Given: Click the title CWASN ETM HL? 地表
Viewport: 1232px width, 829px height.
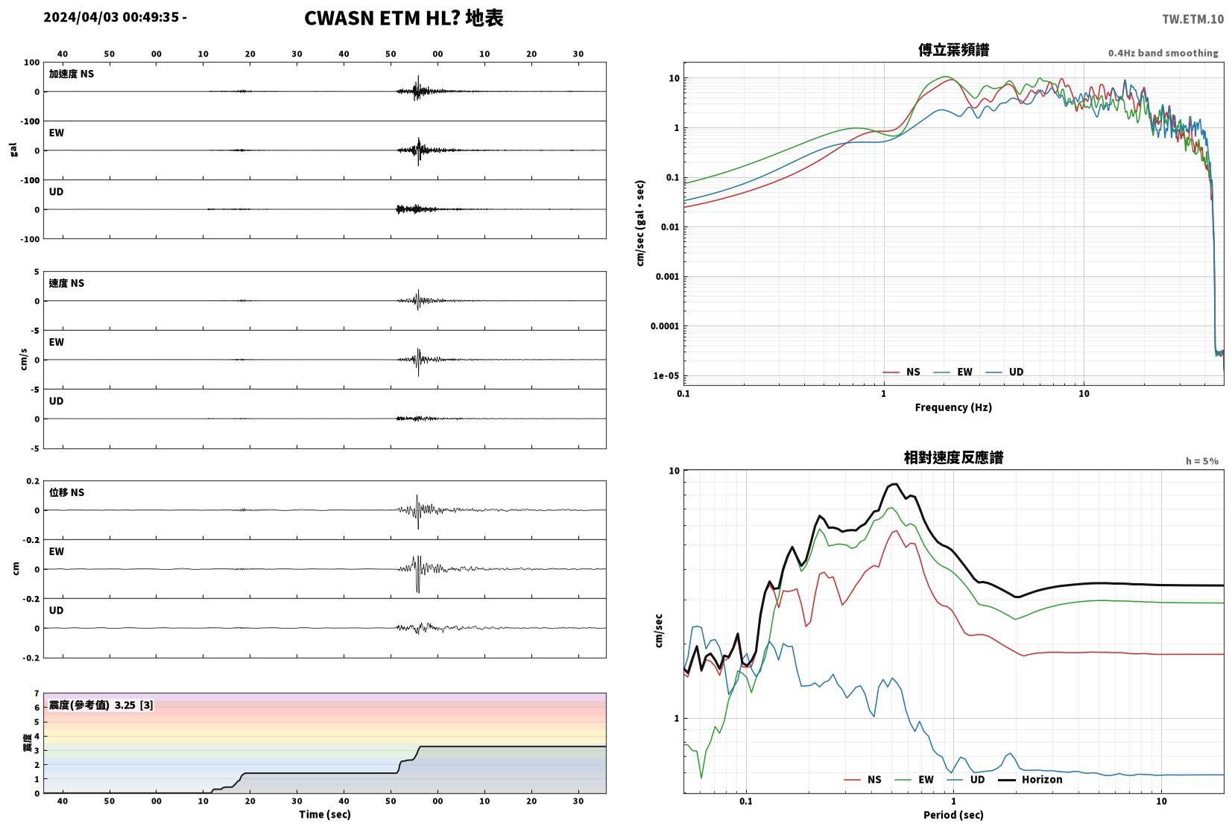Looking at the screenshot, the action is point(404,18).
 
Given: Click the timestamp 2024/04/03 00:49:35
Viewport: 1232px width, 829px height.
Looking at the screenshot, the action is point(111,17).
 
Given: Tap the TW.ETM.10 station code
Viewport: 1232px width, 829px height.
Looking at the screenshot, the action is point(1192,19).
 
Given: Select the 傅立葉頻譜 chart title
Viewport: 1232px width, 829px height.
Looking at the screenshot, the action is point(953,50).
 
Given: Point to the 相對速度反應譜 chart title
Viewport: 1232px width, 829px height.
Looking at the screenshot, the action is point(953,457).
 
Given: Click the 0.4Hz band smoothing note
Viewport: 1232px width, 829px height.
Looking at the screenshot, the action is point(1163,54).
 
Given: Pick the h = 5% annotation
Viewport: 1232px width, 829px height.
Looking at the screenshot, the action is point(1201,461).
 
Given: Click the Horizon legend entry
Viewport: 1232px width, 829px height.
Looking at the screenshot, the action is point(1030,780).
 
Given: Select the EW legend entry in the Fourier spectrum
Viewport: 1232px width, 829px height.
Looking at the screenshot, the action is point(953,372).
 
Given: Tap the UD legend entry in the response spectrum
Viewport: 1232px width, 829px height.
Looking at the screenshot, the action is point(966,780).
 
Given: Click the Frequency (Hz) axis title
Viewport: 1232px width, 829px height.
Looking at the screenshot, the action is point(953,407).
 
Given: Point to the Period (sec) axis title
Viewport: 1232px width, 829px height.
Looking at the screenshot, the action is point(953,815).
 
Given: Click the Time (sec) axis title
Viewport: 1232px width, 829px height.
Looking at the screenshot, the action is point(324,815).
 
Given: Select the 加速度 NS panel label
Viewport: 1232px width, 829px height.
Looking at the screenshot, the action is point(72,74).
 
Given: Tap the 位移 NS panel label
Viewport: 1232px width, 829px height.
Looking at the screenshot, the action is point(66,492).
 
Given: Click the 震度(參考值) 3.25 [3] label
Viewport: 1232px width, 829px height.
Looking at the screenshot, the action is point(101,705).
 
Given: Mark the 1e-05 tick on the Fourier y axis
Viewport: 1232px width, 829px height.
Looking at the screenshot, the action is point(666,376).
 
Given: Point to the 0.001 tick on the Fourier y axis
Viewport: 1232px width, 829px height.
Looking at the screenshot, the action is point(667,276).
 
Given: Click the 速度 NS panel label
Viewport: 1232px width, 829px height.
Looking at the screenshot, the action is point(66,283).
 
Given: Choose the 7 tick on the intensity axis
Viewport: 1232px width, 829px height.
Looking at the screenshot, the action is point(37,693).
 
